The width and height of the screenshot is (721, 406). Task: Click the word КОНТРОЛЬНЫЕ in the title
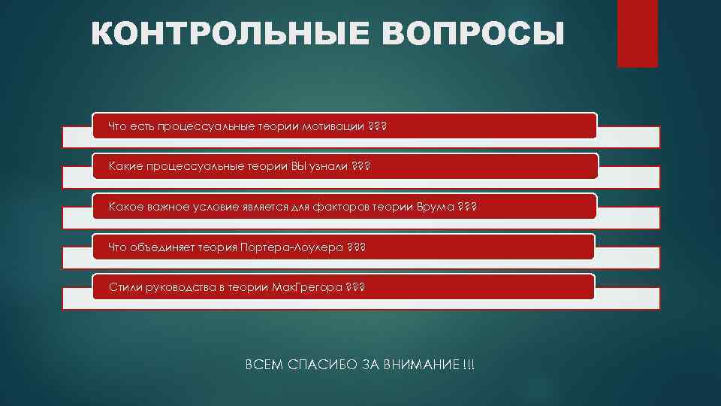coord(214,35)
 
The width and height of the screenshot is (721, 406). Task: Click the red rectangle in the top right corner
coord(637,33)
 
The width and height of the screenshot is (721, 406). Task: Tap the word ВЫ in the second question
coord(299,165)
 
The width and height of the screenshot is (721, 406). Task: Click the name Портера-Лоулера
coord(289,247)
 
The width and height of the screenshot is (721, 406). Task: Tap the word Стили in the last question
coord(123,287)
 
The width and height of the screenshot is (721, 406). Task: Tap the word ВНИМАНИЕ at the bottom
coord(421,365)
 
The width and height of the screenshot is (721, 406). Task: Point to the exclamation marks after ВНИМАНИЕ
coord(469,365)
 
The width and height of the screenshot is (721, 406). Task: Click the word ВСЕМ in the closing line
coord(263,365)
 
